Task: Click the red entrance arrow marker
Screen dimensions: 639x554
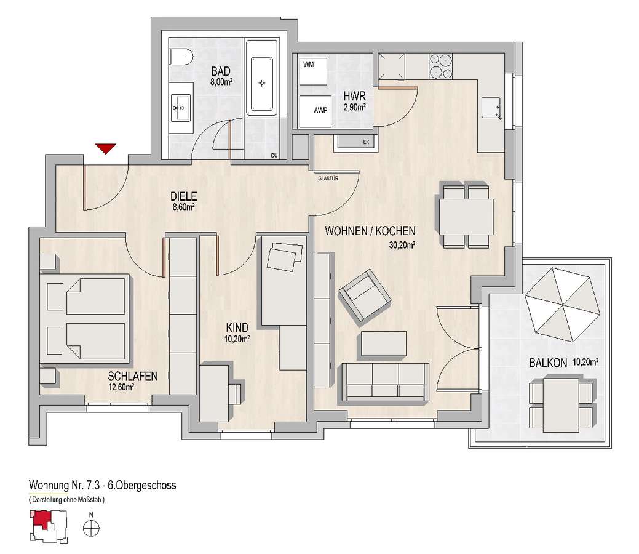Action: pos(106,148)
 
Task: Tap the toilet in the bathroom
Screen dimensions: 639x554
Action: pos(180,57)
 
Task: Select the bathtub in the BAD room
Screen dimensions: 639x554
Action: pos(261,83)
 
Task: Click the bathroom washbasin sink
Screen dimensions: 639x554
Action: pos(181,108)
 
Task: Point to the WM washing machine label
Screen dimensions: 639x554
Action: pos(309,65)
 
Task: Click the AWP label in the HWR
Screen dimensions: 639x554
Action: pos(320,110)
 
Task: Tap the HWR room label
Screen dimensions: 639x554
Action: pos(354,96)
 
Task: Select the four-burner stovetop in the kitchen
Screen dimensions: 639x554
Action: pos(441,66)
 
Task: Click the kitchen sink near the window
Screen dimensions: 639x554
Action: pos(491,108)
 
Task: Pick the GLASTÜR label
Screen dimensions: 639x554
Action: pos(328,179)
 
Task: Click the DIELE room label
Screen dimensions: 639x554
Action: pos(183,196)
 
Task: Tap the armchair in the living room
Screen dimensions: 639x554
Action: pos(365,297)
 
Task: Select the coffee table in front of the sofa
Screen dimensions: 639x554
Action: pos(384,344)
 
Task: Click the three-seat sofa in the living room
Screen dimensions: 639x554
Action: pos(386,382)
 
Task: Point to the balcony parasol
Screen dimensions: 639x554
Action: pos(563,304)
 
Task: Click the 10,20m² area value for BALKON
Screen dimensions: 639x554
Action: pos(585,361)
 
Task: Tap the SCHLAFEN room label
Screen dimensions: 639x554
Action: pos(133,376)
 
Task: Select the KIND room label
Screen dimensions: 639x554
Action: pos(237,327)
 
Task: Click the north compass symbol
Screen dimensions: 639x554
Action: pos(91,529)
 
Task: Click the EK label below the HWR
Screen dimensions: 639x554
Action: pos(366,142)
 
